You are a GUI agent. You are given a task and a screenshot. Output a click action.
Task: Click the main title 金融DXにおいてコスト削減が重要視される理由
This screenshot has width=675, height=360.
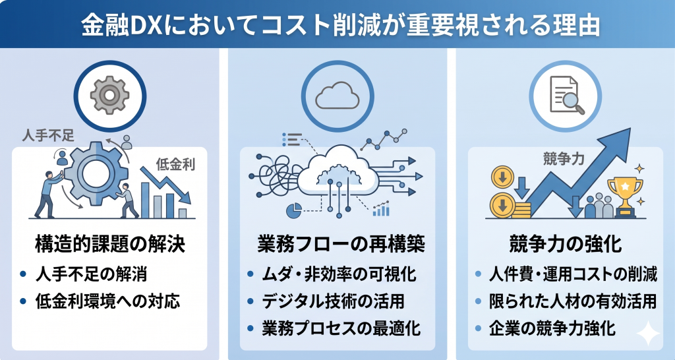point(337,25)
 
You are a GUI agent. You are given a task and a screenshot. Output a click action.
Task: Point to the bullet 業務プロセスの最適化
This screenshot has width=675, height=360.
point(340,328)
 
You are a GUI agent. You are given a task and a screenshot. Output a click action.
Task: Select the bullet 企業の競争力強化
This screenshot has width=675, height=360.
point(552,328)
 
